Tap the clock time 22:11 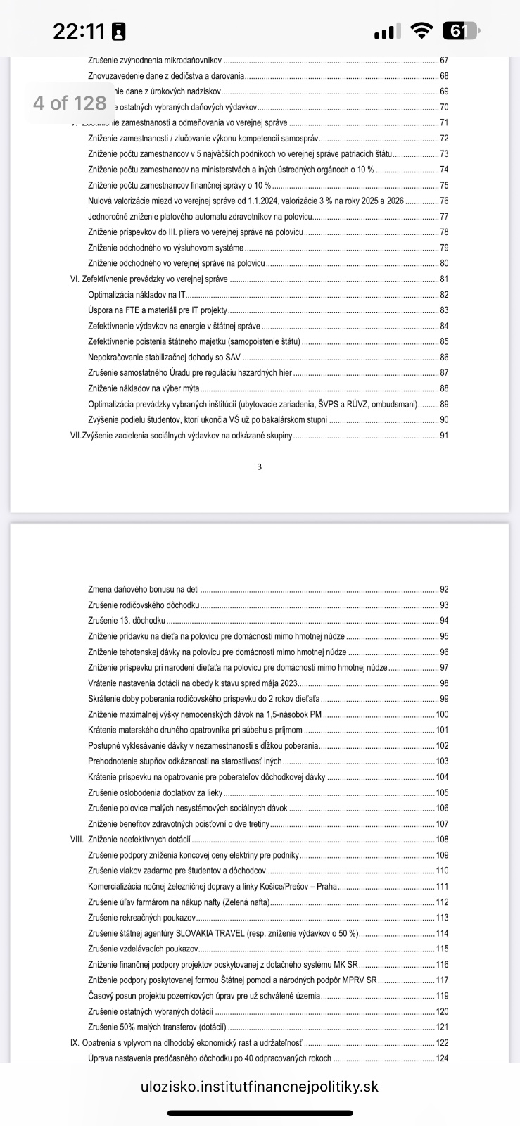click(79, 31)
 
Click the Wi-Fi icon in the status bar click(421, 31)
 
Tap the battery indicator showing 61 click(459, 31)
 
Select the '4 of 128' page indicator click(70, 103)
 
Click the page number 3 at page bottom click(260, 467)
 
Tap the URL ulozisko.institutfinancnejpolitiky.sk click(260, 1087)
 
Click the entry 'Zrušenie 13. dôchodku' click(127, 621)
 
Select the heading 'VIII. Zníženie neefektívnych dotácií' click(131, 840)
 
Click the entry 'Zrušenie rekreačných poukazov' click(141, 918)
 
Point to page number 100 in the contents click(442, 714)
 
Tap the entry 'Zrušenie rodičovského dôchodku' click(144, 605)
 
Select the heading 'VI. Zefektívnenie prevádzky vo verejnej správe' click(149, 279)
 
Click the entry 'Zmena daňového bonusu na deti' click(144, 590)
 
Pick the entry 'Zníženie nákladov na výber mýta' click(144, 388)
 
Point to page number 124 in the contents click(442, 1058)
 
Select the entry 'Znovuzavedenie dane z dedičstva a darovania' click(166, 76)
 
